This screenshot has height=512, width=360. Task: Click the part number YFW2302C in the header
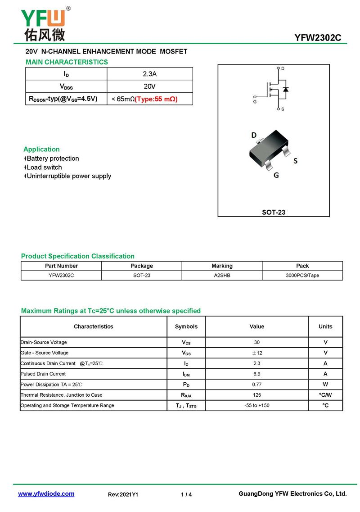pos(318,38)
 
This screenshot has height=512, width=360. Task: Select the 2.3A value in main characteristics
pos(149,74)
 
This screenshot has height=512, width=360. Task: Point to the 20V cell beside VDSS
pos(149,86)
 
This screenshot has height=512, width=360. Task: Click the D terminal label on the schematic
pos(283,68)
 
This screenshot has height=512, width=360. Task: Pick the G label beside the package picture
pos(276,175)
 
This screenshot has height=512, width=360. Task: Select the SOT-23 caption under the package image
pos(274,212)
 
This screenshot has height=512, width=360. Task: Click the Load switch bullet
pos(44,168)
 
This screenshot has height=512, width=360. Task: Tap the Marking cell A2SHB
pos(222,275)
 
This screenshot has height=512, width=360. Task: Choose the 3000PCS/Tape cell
pos(302,275)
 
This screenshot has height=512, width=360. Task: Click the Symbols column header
pos(186,326)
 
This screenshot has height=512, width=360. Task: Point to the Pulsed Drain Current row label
pos(43,374)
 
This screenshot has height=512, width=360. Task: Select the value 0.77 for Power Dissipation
pos(257,385)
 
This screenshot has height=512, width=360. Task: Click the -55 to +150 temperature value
pos(257,406)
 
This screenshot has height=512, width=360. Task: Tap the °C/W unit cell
pos(325,395)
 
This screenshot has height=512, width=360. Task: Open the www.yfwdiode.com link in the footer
pos(46,494)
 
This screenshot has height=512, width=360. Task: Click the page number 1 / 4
pos(186,494)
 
